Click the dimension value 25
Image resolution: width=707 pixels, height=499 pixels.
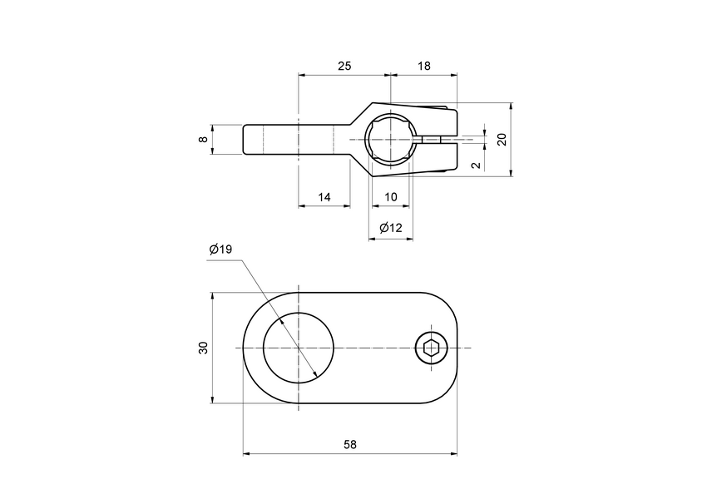pyautogui.click(x=343, y=64)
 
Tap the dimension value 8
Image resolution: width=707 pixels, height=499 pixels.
pyautogui.click(x=203, y=139)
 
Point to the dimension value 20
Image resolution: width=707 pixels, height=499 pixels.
pyautogui.click(x=502, y=139)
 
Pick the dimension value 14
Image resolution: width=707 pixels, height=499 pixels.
pyautogui.click(x=324, y=197)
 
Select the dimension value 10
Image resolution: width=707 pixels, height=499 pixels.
pyautogui.click(x=391, y=197)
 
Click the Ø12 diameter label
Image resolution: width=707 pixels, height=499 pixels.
pyautogui.click(x=390, y=228)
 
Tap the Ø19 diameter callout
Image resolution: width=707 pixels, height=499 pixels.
pyautogui.click(x=220, y=249)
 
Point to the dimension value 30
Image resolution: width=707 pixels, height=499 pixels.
pyautogui.click(x=203, y=348)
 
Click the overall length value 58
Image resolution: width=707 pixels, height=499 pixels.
pyautogui.click(x=350, y=444)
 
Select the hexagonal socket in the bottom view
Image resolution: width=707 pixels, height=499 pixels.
pyautogui.click(x=431, y=348)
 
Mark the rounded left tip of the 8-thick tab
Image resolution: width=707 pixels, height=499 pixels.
pyautogui.click(x=246, y=139)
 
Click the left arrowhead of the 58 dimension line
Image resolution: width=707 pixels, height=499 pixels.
pyautogui.click(x=246, y=454)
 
